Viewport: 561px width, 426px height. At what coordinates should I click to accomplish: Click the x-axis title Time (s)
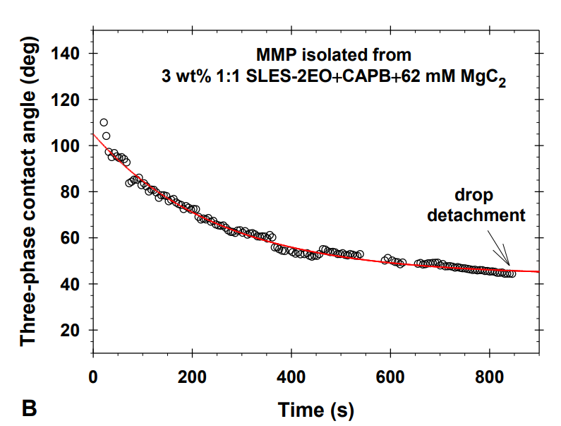click(x=315, y=409)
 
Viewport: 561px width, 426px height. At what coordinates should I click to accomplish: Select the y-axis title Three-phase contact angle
click(x=28, y=212)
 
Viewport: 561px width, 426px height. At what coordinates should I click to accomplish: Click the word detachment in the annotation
click(x=476, y=215)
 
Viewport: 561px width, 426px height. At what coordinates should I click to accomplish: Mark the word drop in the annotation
click(x=473, y=195)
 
